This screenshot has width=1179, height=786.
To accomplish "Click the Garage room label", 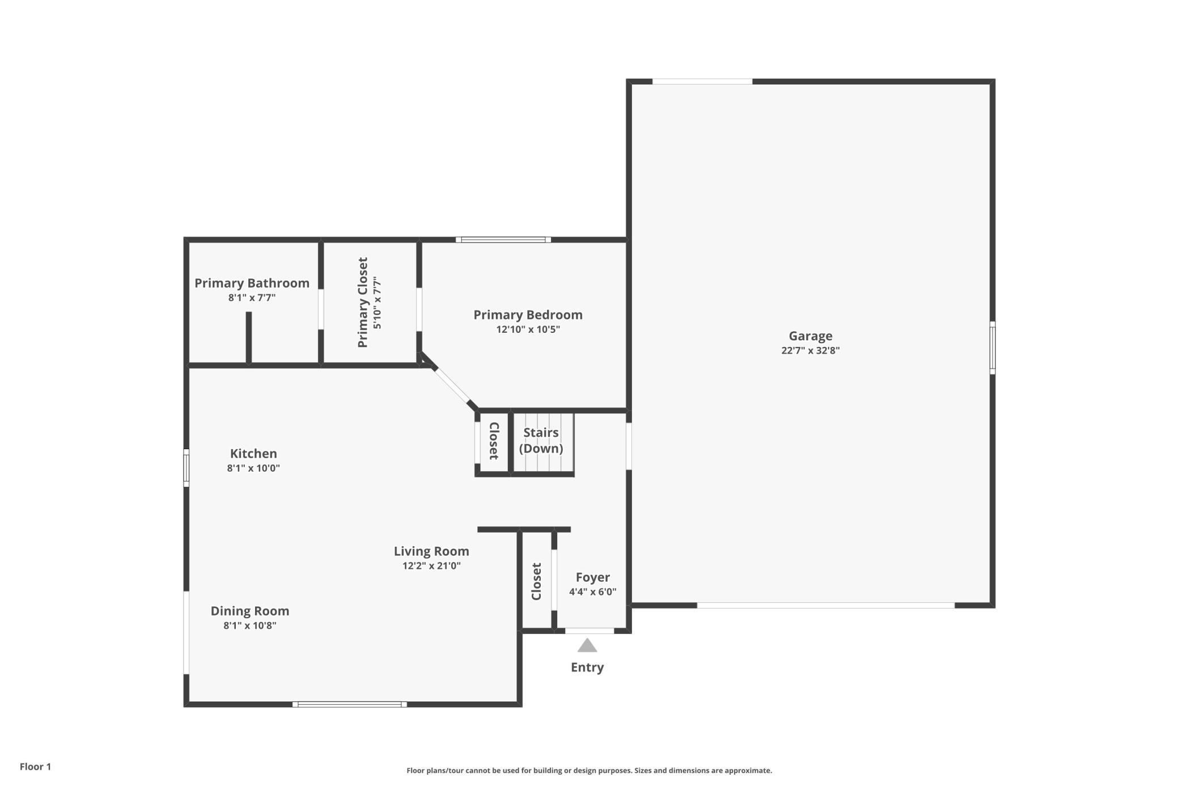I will [810, 336].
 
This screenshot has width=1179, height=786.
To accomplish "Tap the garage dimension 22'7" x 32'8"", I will [810, 350].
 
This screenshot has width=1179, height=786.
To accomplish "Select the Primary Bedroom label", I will [528, 315].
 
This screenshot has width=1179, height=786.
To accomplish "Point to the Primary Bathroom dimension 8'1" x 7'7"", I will [252, 298].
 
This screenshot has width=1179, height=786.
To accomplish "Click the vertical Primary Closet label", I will [363, 302].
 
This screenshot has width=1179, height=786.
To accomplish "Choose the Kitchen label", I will [253, 454].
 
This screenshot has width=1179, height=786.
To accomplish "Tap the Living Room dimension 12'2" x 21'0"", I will [431, 566].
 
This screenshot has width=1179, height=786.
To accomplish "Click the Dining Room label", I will [250, 611].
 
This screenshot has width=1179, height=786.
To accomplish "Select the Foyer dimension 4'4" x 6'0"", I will [592, 592].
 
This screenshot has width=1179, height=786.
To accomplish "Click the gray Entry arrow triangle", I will [587, 646].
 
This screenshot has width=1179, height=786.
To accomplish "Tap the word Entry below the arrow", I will [587, 667].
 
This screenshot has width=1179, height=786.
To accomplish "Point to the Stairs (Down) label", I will [541, 441].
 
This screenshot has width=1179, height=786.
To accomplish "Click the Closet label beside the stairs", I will [493, 441].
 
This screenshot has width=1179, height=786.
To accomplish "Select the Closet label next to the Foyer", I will [536, 581].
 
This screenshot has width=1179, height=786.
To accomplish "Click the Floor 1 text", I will [35, 767].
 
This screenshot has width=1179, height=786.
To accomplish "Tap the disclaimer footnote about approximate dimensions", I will [589, 770].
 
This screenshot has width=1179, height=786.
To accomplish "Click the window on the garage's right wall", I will [993, 348].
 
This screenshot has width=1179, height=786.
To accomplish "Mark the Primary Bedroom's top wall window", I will [503, 240].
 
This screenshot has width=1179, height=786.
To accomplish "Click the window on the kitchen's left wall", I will [186, 468].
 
